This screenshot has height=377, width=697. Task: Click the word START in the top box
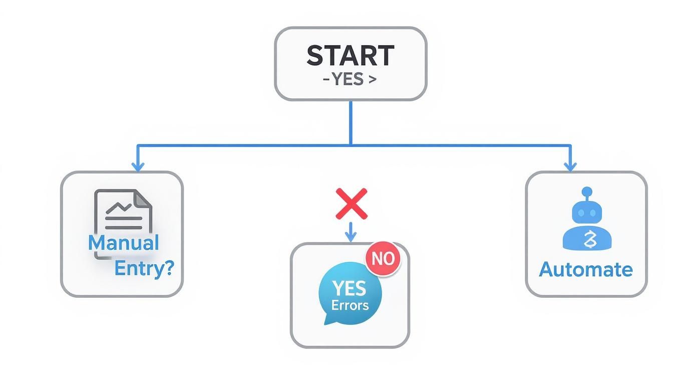[350, 55]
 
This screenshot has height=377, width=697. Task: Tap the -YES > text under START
[350, 79]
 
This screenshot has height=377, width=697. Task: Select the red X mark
[351, 204]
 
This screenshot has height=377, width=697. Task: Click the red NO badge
[383, 258]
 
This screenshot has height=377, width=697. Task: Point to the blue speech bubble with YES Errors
[349, 294]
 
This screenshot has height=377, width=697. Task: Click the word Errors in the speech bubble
[350, 305]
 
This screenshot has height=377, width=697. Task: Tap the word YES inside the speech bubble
[350, 288]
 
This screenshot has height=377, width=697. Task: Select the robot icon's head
[587, 213]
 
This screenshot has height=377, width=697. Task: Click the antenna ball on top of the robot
[587, 192]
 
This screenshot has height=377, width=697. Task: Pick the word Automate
[586, 270]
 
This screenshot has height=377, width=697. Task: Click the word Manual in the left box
[123, 243]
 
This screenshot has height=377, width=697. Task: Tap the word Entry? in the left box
[144, 269]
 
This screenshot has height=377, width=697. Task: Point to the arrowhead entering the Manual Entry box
[138, 167]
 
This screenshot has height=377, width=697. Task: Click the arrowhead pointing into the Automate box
[570, 167]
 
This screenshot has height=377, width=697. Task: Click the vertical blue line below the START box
[351, 123]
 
